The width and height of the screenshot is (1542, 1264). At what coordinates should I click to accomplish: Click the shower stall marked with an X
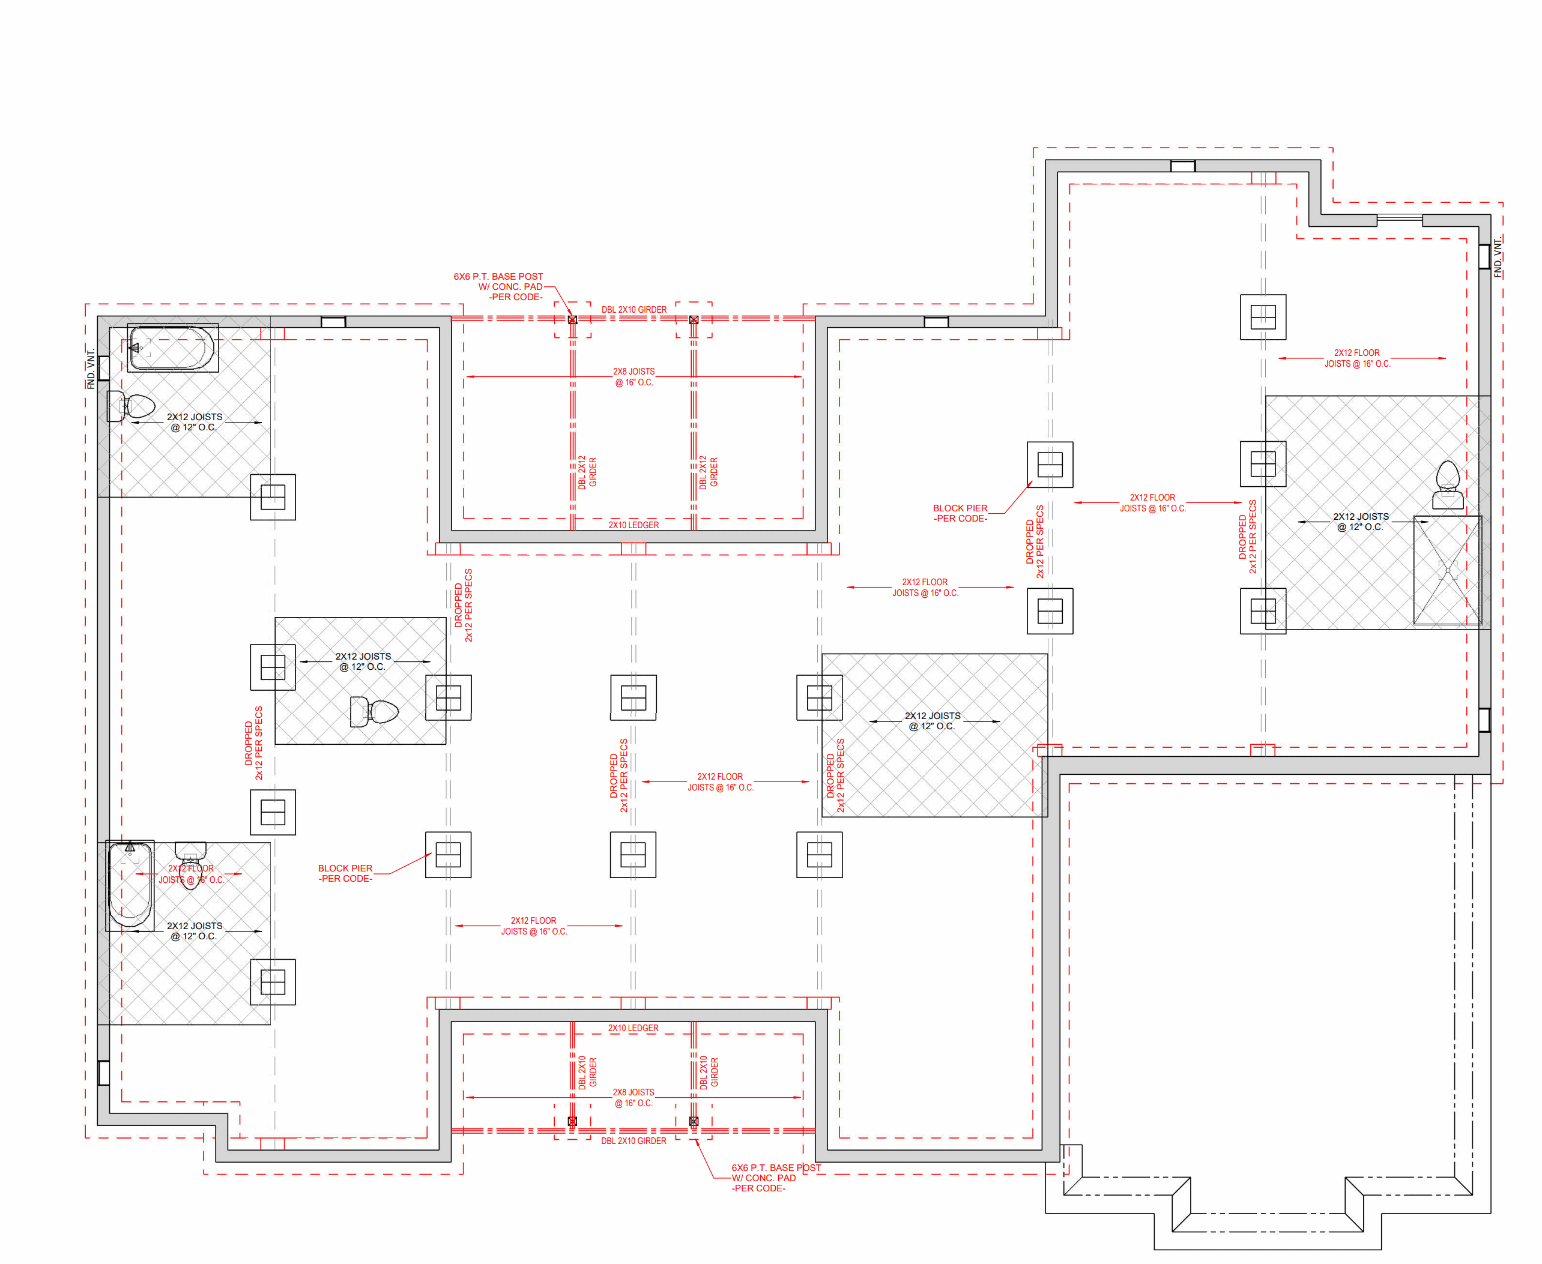(x=1447, y=570)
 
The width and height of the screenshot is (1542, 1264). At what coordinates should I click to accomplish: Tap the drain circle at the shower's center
(x=1447, y=571)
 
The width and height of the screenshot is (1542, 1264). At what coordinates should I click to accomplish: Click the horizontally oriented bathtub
(x=172, y=348)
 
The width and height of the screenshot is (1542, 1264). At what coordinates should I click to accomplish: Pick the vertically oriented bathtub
(x=130, y=885)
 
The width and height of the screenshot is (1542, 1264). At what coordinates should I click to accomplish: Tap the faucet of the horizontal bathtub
(x=135, y=348)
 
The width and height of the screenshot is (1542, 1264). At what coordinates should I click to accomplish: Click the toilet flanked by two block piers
(x=373, y=711)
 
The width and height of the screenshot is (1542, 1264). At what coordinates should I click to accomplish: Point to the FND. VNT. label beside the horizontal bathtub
(x=91, y=369)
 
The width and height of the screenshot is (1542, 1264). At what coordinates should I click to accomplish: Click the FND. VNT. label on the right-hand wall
(x=1498, y=257)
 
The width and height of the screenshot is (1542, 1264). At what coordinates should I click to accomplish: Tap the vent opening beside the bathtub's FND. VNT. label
(x=104, y=368)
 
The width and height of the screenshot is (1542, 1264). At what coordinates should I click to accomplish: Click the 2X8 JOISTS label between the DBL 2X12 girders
(x=633, y=376)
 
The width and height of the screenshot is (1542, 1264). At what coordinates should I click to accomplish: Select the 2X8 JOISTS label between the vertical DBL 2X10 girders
(x=633, y=1098)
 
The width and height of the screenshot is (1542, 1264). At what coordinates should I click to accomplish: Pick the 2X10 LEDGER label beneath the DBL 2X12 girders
(x=633, y=525)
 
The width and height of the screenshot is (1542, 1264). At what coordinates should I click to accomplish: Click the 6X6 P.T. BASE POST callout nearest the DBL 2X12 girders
(x=498, y=287)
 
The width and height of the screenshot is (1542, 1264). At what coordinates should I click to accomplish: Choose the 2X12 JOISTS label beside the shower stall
(x=1361, y=522)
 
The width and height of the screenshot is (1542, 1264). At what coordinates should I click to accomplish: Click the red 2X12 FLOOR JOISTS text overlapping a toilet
(x=191, y=874)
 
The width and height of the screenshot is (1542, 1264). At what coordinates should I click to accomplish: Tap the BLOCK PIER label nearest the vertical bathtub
(x=345, y=873)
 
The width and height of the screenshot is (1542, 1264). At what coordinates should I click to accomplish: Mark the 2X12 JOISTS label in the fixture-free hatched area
(x=933, y=721)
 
